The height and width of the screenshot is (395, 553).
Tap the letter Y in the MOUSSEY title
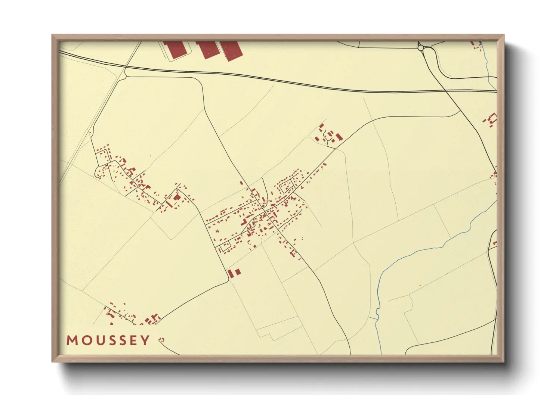[145, 340]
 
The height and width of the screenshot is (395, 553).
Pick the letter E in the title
[133, 340]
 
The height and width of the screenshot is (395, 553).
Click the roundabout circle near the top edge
[420, 48]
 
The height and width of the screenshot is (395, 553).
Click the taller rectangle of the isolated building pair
[230, 274]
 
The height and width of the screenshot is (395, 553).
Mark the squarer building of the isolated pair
[237, 272]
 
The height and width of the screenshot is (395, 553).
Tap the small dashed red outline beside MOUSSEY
[161, 339]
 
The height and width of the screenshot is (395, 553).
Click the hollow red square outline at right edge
[493, 119]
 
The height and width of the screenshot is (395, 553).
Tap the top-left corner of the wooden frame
[52, 35]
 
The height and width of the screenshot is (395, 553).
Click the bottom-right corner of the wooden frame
[504, 361]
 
